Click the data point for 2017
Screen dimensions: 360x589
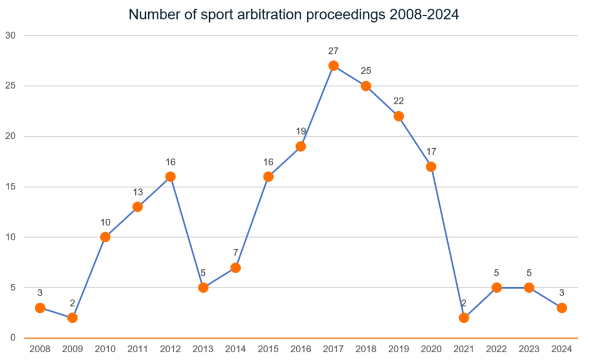click(x=333, y=66)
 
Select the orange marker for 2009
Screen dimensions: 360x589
click(x=72, y=318)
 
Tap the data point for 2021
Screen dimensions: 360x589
click(x=464, y=318)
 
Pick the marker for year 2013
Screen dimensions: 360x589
click(x=203, y=288)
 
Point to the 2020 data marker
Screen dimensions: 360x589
click(x=431, y=167)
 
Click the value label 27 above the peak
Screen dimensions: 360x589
click(x=333, y=51)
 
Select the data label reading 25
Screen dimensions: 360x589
click(x=366, y=71)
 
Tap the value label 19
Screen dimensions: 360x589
click(x=301, y=132)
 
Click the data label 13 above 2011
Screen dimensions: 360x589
click(x=137, y=192)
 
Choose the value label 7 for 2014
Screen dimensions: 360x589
click(x=236, y=253)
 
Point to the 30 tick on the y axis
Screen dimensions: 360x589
click(x=11, y=35)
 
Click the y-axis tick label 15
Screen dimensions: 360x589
click(x=11, y=187)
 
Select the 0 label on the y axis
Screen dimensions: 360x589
click(x=13, y=338)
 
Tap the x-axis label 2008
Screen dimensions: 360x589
click(x=40, y=349)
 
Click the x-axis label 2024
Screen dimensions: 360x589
click(x=562, y=349)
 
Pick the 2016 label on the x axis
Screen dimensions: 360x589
click(x=301, y=349)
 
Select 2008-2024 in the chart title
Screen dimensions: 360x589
click(x=422, y=15)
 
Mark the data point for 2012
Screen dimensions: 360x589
click(x=171, y=177)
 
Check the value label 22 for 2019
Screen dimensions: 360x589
click(x=398, y=101)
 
